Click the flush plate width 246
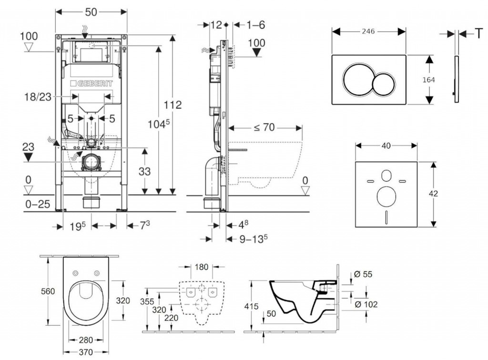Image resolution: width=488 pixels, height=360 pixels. pyautogui.click(x=368, y=31)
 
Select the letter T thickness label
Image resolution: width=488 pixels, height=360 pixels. pyautogui.click(x=478, y=33)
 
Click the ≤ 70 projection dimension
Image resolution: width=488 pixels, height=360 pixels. pyautogui.click(x=264, y=128)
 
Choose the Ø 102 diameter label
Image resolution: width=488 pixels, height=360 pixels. pyautogui.click(x=366, y=304)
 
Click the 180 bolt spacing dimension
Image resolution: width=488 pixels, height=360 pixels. pyautogui.click(x=202, y=267)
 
